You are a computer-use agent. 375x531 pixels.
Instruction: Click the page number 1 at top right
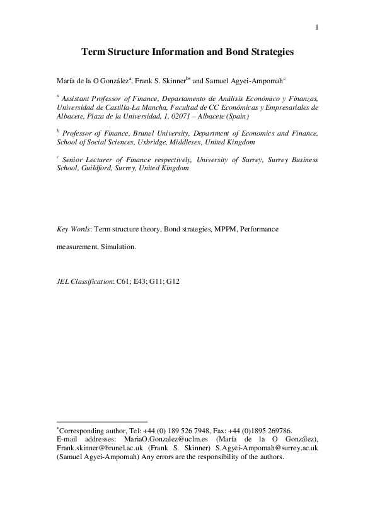click(x=316, y=26)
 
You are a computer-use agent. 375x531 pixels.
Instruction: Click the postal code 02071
click(x=183, y=116)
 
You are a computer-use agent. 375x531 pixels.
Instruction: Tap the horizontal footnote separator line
click(x=101, y=421)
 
